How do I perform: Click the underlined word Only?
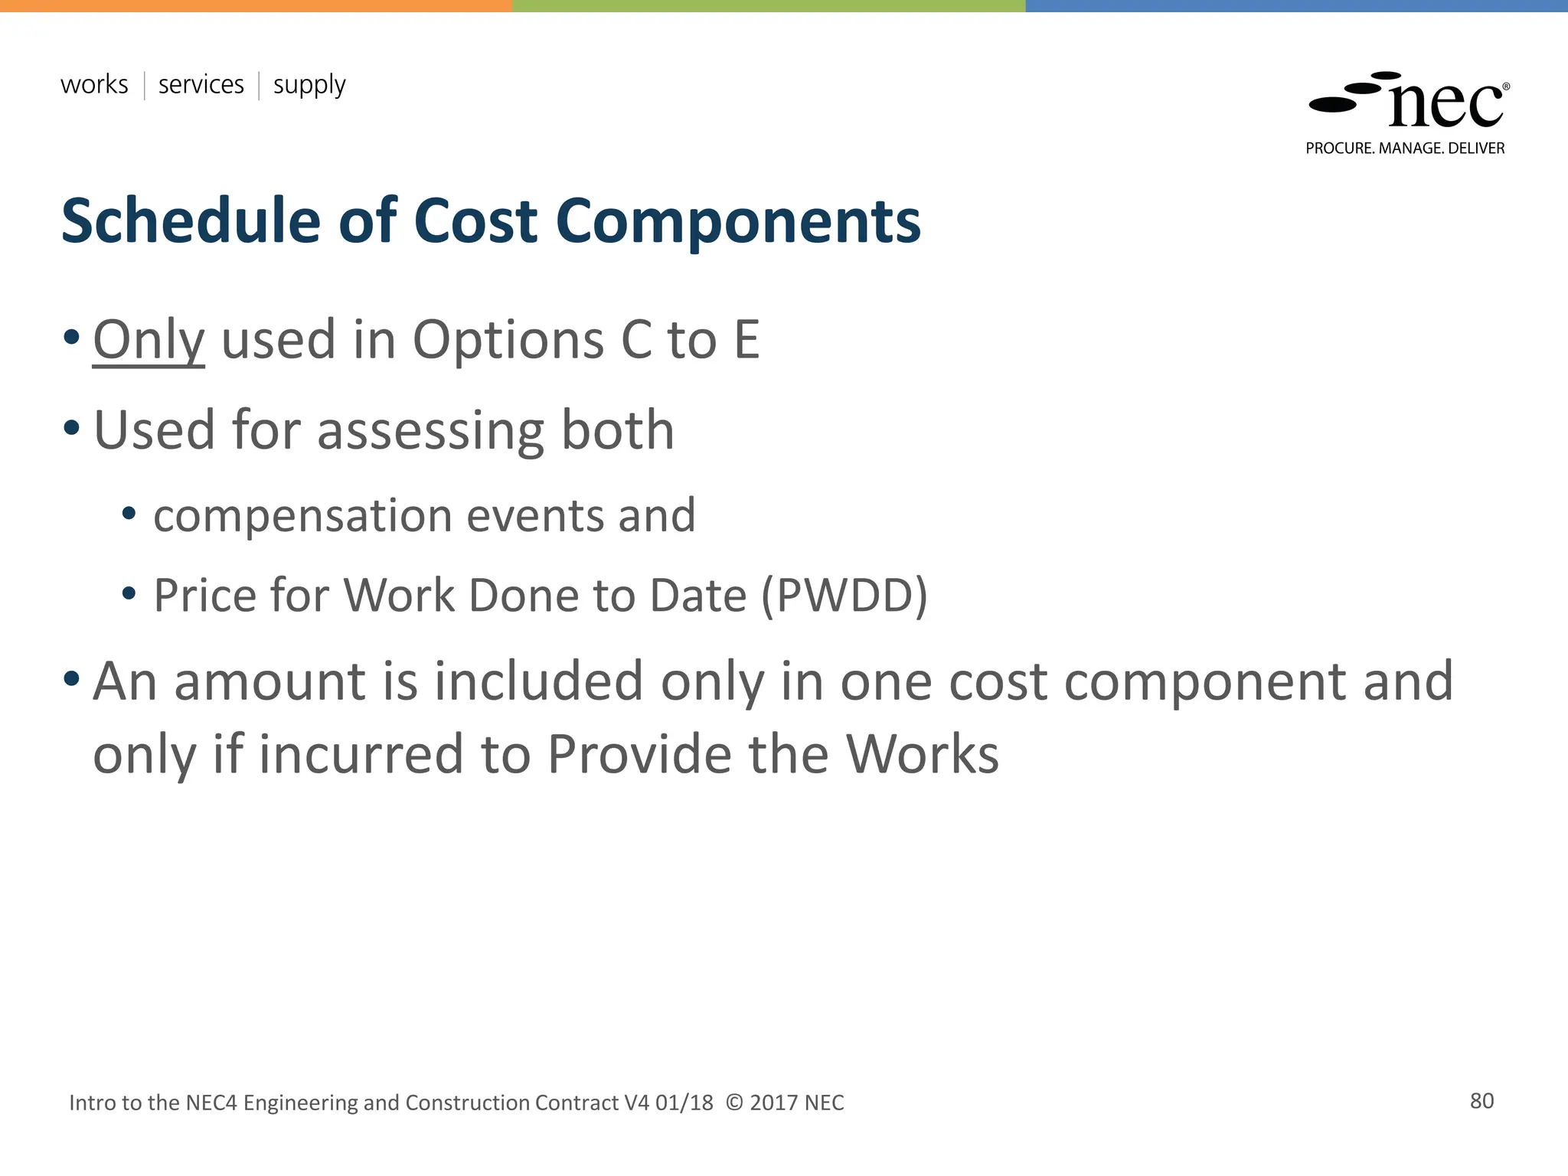(x=149, y=340)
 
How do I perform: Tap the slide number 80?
(x=1481, y=1101)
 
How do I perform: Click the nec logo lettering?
(x=1445, y=105)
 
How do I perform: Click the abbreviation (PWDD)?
(x=844, y=596)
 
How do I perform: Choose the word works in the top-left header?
(x=94, y=84)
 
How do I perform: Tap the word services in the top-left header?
(x=201, y=84)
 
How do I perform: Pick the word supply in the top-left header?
(x=309, y=86)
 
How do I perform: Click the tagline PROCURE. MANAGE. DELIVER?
(x=1405, y=149)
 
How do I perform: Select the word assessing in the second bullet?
(x=430, y=431)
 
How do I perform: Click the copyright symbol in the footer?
(x=733, y=1102)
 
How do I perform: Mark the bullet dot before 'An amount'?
(x=71, y=678)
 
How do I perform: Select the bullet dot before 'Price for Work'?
(x=129, y=593)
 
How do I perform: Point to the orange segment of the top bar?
(x=256, y=5)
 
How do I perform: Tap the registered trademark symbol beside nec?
(x=1506, y=87)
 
